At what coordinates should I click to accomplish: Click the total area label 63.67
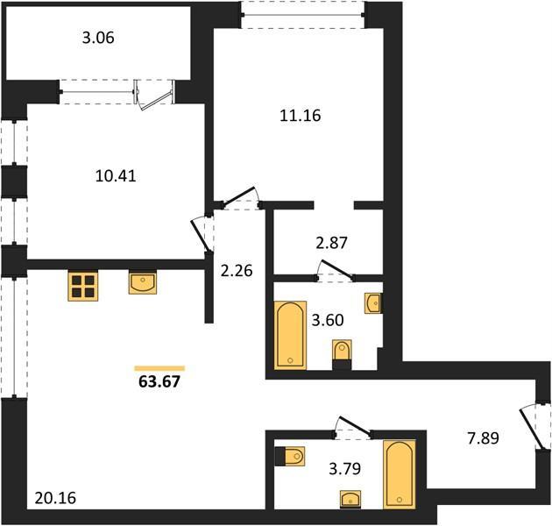point(159,381)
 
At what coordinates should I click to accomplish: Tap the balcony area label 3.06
point(98,38)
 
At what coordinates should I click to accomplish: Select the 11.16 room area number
point(301,116)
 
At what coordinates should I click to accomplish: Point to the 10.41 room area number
point(116,176)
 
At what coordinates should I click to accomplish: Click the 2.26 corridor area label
point(237,271)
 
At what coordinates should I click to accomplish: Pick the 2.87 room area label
point(331,243)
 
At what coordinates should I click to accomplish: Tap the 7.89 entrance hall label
point(483,438)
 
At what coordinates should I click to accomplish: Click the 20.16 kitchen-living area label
point(55,498)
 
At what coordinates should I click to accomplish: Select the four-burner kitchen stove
point(83,287)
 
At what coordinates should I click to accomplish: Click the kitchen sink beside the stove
point(143,282)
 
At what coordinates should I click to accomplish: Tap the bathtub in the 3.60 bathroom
point(290,336)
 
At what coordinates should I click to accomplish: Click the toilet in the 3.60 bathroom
point(342,355)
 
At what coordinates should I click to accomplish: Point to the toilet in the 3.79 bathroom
point(290,457)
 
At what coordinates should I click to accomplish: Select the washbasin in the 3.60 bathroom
point(373,303)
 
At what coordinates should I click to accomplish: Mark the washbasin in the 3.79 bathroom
point(350,500)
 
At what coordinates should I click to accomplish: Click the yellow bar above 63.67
point(159,368)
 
